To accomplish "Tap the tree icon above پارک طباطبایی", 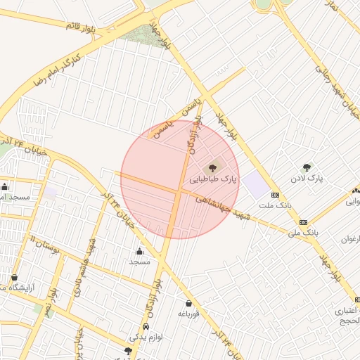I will coord(214,168).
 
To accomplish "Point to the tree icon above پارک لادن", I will coord(306,167).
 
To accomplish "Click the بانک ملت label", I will coord(274,205).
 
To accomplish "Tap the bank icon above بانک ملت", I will coord(274,195).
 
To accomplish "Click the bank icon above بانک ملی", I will coord(303,221).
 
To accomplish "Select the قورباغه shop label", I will coord(188,314).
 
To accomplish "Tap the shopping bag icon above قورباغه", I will coord(188,303).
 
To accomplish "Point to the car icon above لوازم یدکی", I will coord(145,327).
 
